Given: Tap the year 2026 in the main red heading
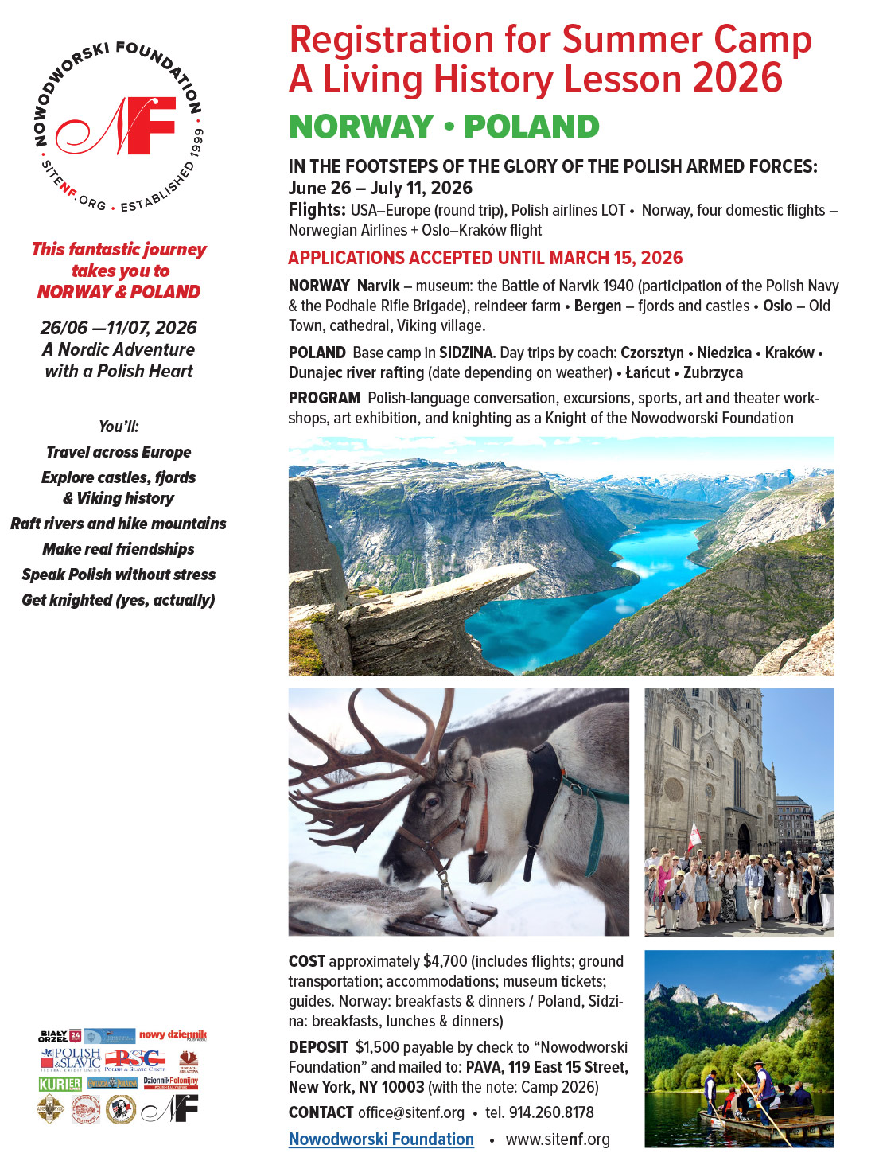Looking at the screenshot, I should tap(737, 78).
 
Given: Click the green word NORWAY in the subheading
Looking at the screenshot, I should tap(361, 127).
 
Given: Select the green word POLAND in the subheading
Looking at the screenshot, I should tap(531, 127).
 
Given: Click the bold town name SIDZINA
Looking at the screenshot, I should tap(466, 353).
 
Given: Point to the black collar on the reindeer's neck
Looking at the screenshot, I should tap(545, 796).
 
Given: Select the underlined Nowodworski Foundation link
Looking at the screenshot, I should tap(381, 1139).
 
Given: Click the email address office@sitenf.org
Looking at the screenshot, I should tap(410, 1112).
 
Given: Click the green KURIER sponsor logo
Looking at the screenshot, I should tap(60, 1084).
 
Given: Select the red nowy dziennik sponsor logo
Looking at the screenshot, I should tap(173, 1034).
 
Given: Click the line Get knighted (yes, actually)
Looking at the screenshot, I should tap(119, 600).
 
